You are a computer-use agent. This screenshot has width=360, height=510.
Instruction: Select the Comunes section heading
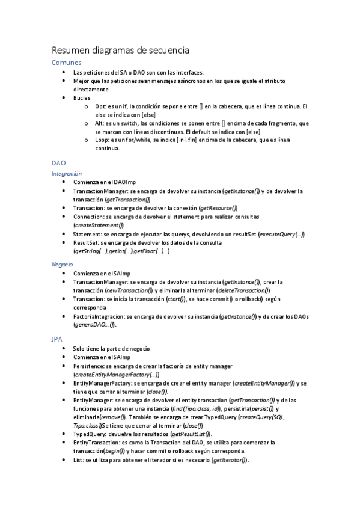click(x=66, y=63)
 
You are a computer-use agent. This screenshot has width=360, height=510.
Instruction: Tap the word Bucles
click(x=82, y=97)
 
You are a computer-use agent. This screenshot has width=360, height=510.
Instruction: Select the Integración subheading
click(x=66, y=173)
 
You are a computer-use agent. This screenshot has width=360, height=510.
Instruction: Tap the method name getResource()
click(x=218, y=207)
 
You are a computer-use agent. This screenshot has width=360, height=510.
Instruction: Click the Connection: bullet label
click(x=91, y=216)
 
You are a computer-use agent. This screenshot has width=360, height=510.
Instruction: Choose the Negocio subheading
click(x=63, y=264)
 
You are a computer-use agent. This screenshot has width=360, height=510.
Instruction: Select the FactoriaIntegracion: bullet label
click(x=99, y=316)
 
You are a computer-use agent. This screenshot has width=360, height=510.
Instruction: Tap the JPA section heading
click(x=57, y=339)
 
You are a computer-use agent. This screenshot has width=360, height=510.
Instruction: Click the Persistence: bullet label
click(x=91, y=366)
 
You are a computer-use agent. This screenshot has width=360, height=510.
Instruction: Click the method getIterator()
click(x=230, y=459)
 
